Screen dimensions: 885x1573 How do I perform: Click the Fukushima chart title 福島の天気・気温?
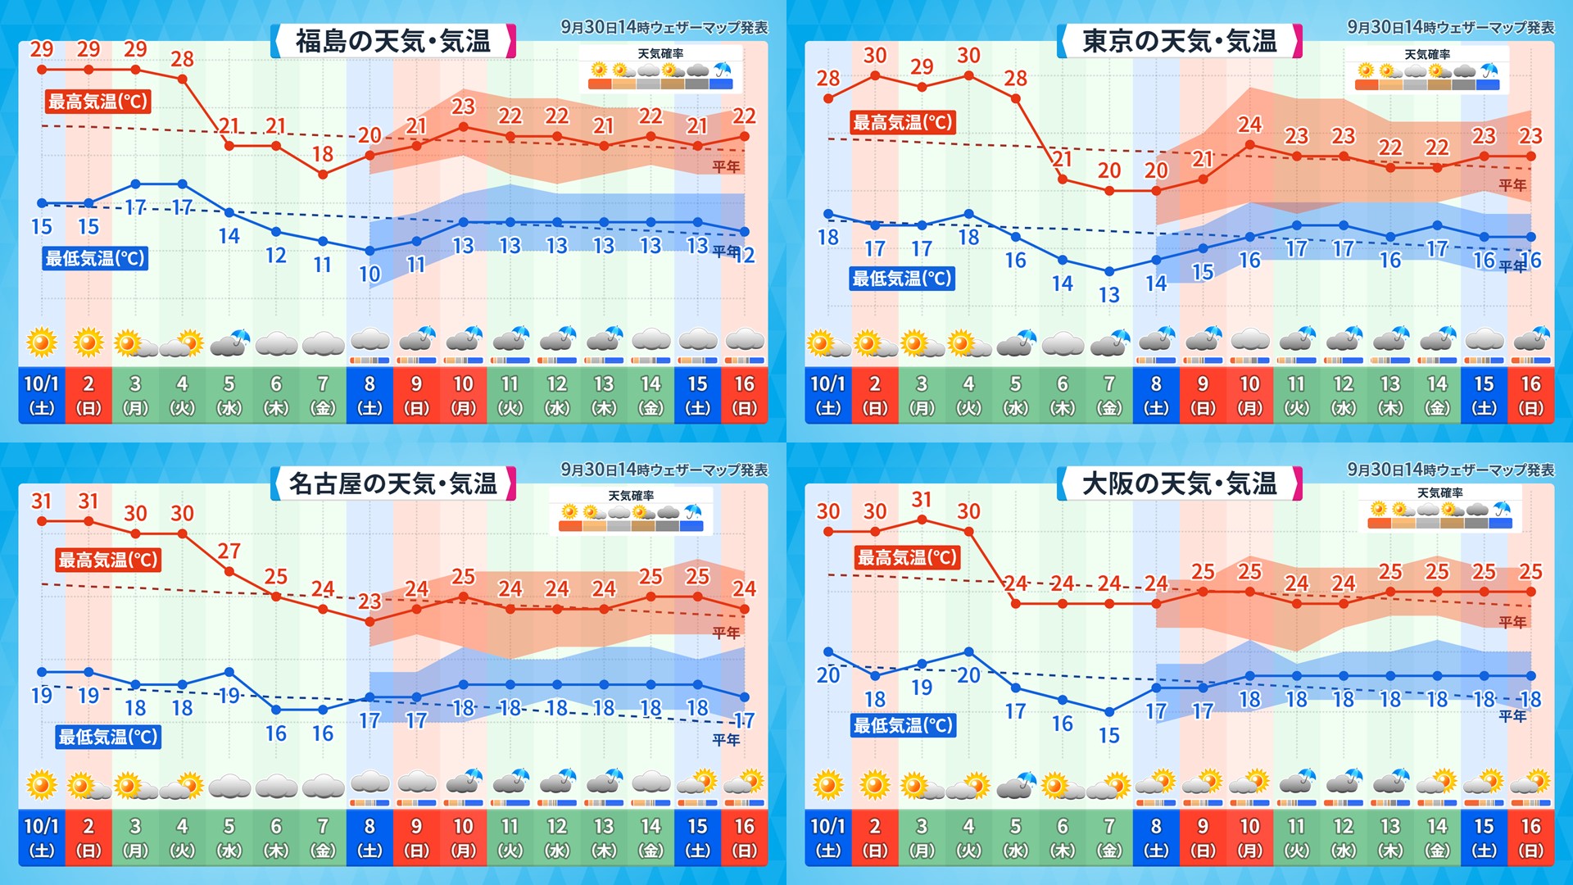[x=393, y=41]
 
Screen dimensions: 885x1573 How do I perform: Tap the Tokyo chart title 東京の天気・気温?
[x=1180, y=41]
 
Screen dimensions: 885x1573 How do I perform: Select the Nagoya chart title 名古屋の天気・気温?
[x=393, y=483]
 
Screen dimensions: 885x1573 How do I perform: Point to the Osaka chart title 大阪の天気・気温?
[x=1180, y=483]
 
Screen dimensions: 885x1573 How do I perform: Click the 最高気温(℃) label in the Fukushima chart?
[x=97, y=102]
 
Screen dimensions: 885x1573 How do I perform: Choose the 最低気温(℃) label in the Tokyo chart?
[x=902, y=279]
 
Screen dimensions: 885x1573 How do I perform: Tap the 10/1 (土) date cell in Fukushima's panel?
[x=42, y=395]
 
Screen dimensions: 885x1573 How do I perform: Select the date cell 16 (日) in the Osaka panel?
[x=1530, y=837]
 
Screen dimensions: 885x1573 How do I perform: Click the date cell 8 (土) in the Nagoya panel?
[x=369, y=837]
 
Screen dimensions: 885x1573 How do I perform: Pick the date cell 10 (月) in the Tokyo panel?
[x=1249, y=395]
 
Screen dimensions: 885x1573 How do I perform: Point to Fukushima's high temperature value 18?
[x=323, y=154]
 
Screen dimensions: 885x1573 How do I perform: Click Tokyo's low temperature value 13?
[x=1109, y=295]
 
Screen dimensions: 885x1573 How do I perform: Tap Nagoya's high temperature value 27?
[x=229, y=551]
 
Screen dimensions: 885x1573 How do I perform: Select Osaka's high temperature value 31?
[x=922, y=499]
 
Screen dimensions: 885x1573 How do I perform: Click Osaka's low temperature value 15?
[x=1109, y=736]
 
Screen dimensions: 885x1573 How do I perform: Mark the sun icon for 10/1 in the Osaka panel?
[x=827, y=785]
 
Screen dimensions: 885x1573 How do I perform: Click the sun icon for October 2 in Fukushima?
[x=88, y=342]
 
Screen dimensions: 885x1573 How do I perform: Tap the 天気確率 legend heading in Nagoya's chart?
[x=631, y=496]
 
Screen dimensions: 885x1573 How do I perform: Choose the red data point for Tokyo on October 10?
[x=1250, y=145]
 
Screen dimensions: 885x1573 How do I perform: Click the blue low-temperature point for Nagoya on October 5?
[x=229, y=672]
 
